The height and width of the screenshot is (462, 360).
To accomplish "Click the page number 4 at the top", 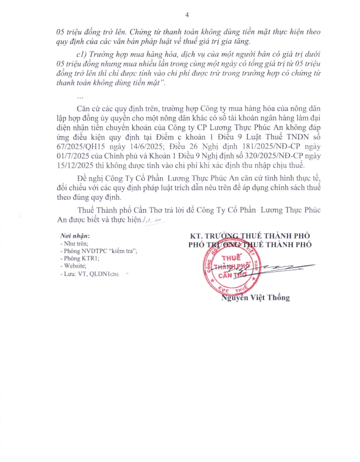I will (x=186, y=15).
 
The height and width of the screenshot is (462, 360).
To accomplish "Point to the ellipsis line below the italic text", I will (x=81, y=97).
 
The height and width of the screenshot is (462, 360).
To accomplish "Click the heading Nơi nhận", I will (x=75, y=236).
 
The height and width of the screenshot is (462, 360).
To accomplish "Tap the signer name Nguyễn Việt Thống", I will (x=255, y=298).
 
